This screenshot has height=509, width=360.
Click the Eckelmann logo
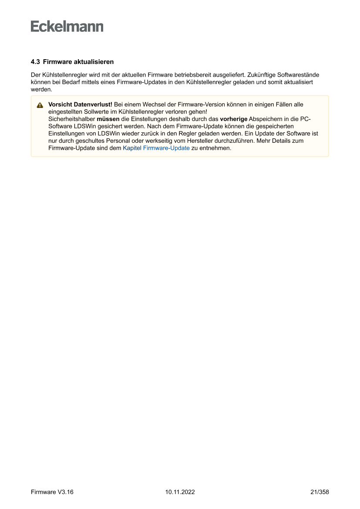[67, 27]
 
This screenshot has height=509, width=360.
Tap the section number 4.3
[35, 62]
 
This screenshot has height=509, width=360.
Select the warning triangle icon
[40, 105]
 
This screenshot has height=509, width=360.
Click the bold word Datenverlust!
[93, 104]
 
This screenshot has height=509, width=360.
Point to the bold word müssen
[108, 119]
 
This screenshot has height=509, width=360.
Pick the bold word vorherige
[234, 119]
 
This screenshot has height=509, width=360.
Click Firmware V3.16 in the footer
[52, 492]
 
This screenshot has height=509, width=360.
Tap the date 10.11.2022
[180, 492]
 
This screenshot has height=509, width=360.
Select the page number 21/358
[320, 492]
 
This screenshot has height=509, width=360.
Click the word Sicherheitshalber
[72, 119]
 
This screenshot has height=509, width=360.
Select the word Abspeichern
[265, 119]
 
